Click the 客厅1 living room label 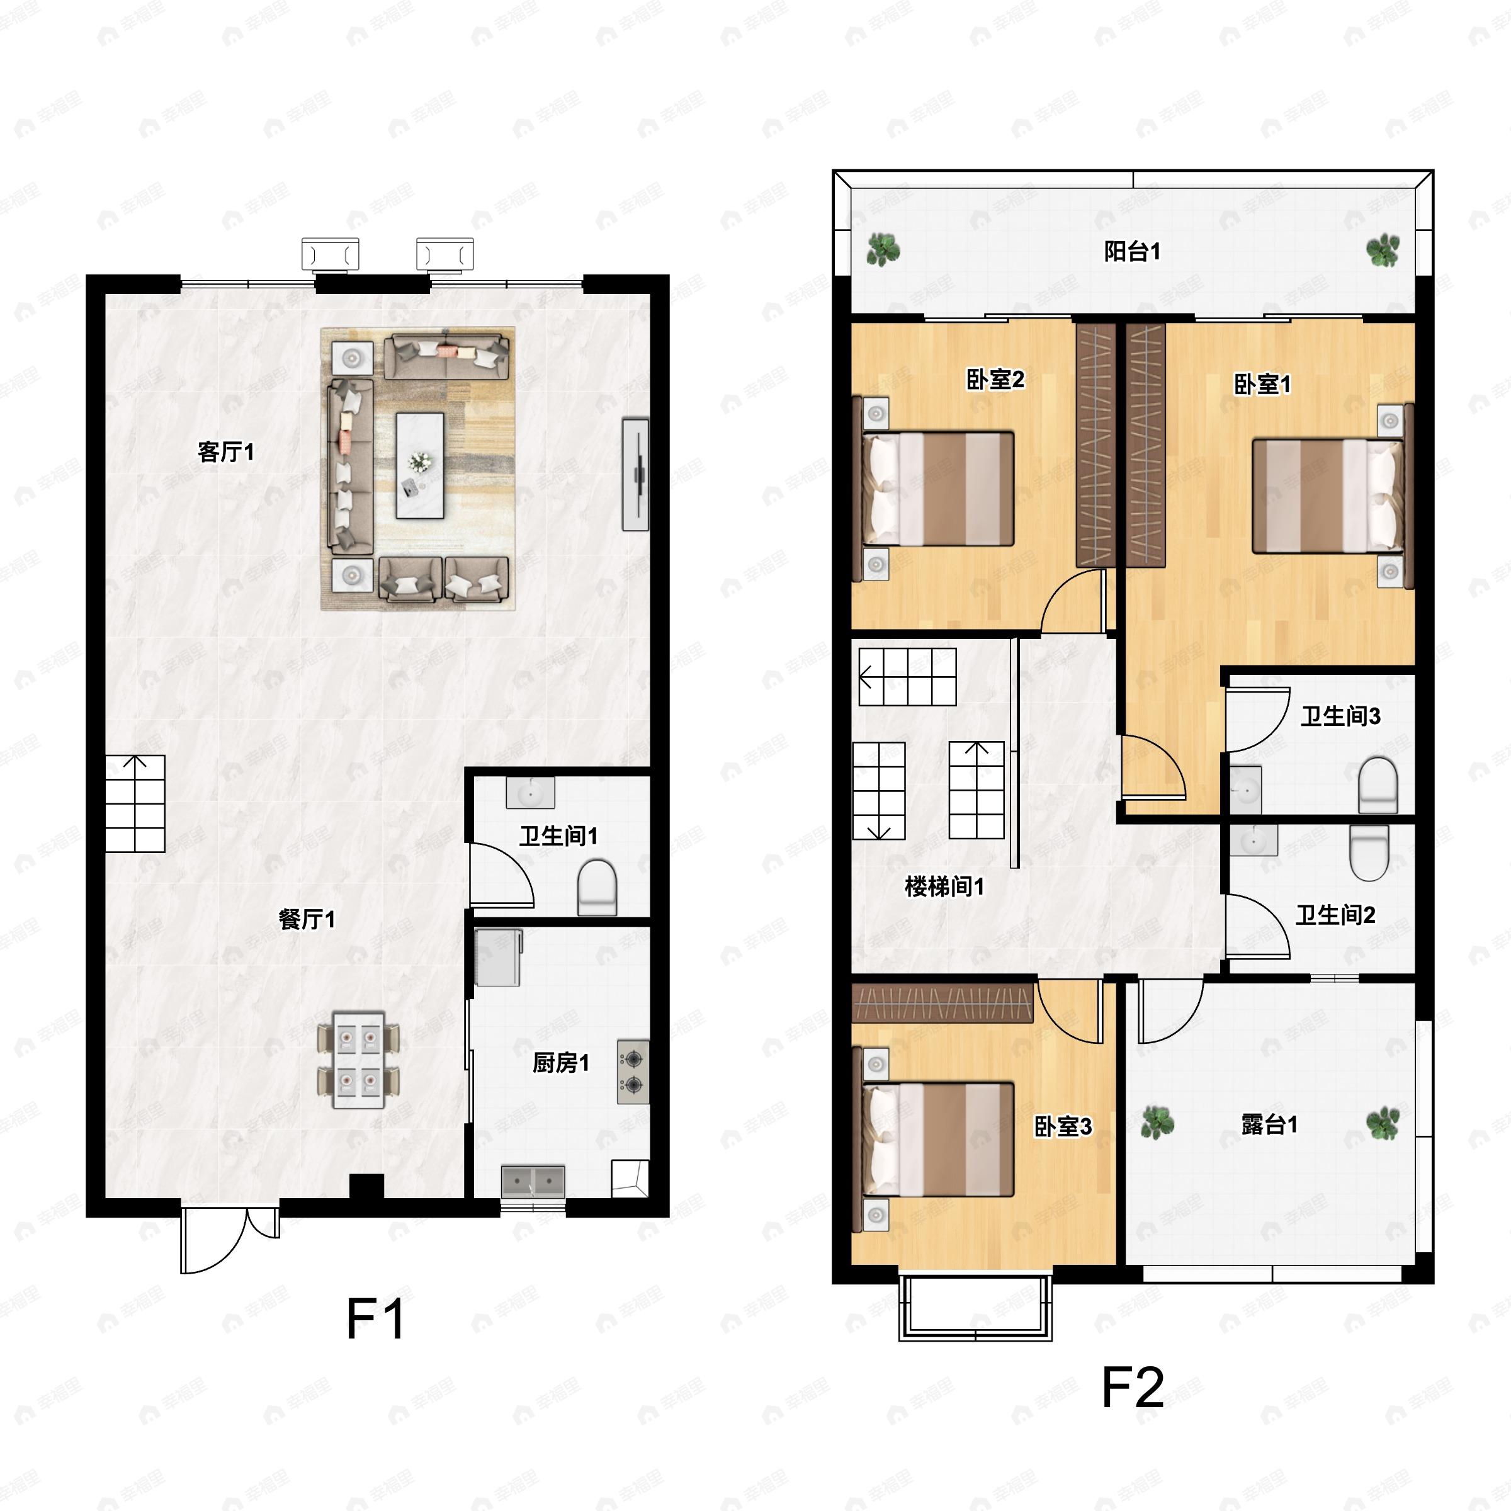pos(226,452)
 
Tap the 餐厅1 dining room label pos(307,919)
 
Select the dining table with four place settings pos(358,1060)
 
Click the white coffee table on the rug pos(420,465)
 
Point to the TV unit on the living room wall pos(636,475)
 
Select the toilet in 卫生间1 pos(597,888)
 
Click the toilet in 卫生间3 pos(1378,785)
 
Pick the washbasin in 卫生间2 pos(1254,840)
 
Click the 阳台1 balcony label pos(1133,252)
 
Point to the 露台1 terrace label pos(1269,1124)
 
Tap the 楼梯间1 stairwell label pos(944,886)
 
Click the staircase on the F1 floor pos(135,803)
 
